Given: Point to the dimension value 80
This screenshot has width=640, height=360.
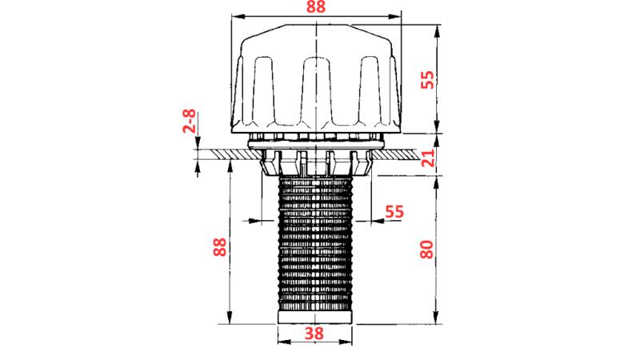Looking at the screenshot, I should tap(427, 245).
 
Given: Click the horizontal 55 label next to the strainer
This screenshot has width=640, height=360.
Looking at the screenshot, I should tap(394, 212).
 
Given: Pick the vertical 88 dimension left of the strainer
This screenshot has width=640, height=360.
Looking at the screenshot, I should tap(218, 244).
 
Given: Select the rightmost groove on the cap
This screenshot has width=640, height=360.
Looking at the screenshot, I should tap(370, 88).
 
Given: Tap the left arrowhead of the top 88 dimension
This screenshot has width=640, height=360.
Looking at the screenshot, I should tap(237, 18).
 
